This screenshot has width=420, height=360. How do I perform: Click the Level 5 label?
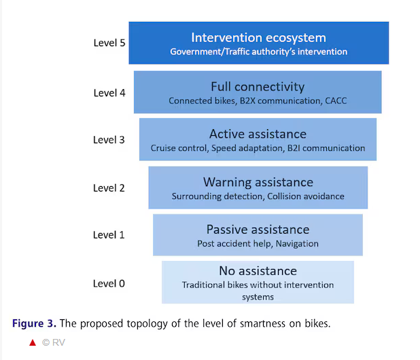[x=109, y=43]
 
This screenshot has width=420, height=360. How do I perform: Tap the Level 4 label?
[x=109, y=93]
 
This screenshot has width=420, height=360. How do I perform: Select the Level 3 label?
[x=109, y=140]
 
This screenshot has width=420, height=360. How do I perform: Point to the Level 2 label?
[x=109, y=188]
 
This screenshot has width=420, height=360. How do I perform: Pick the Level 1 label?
[x=109, y=235]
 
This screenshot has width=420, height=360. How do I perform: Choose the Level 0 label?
[x=109, y=283]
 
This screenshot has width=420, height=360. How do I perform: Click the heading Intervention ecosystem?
[x=258, y=38]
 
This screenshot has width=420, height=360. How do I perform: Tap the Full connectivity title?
[x=258, y=87]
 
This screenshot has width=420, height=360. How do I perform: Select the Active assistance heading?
[x=258, y=134]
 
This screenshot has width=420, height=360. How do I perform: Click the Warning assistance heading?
[x=258, y=182]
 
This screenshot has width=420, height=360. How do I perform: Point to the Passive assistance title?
[x=258, y=230]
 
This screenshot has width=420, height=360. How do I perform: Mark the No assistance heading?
[x=258, y=271]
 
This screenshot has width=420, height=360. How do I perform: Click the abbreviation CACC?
[x=336, y=101]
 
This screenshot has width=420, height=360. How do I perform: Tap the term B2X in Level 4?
[x=247, y=101]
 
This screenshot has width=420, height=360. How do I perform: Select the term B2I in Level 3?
[x=294, y=148]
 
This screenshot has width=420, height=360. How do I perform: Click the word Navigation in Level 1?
[x=297, y=244]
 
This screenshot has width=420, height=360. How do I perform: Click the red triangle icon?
[x=33, y=342]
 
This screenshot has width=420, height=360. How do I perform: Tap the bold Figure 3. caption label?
[x=34, y=323]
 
